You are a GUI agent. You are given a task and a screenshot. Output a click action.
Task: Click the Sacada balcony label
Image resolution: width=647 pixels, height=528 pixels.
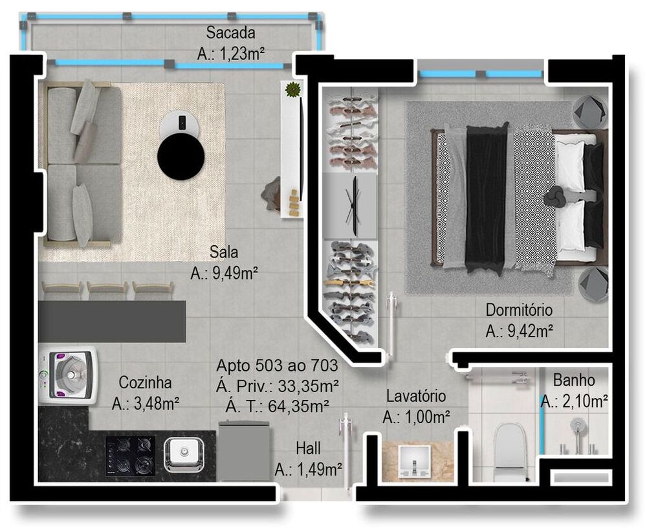[x=230, y=32]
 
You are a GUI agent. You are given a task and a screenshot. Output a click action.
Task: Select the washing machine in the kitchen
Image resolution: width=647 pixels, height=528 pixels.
[x=68, y=375]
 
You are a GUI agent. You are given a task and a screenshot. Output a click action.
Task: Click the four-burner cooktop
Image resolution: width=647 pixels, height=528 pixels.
[x=130, y=455]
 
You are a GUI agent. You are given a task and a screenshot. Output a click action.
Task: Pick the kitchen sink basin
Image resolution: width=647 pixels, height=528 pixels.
[x=184, y=453]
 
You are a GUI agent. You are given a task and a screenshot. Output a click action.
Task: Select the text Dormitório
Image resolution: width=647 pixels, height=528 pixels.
[x=519, y=310]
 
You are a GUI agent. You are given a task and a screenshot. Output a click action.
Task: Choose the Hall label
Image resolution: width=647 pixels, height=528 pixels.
[x=308, y=448]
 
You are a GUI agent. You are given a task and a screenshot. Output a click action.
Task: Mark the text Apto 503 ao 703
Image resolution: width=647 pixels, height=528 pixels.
[x=277, y=366]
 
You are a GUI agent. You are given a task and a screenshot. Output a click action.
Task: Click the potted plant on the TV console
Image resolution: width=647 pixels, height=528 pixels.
[x=293, y=89]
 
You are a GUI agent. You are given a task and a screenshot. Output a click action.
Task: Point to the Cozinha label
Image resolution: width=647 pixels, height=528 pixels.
[x=145, y=382]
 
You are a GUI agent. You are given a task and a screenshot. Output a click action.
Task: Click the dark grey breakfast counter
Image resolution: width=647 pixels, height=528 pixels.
[x=112, y=321]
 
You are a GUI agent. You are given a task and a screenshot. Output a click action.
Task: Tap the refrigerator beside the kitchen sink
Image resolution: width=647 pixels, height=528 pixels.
[x=243, y=451]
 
